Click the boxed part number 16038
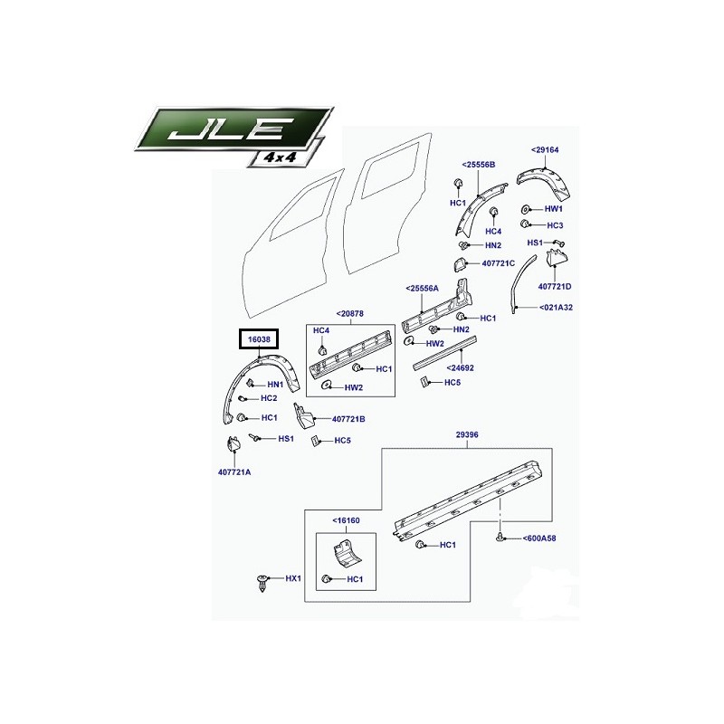point(259,339)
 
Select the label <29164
point(545,149)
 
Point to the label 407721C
point(499,263)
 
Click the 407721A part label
point(234,472)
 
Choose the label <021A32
point(556,307)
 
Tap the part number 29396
point(467,434)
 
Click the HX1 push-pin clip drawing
point(262,583)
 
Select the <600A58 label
point(538,538)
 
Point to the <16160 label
point(346,520)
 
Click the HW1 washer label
point(554,209)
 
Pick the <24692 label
point(460,368)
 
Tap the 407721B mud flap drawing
point(304,415)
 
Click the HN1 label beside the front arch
point(275,384)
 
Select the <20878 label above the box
point(349,313)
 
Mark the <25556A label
point(422,289)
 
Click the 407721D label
point(555,286)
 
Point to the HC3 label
point(555,225)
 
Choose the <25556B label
point(479,165)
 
